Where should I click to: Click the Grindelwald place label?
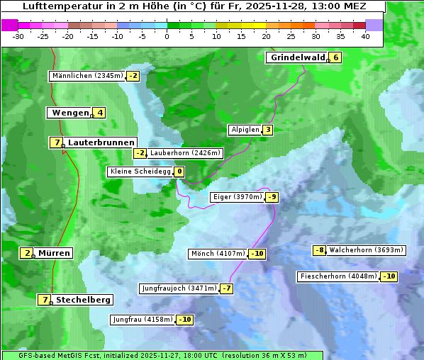297,57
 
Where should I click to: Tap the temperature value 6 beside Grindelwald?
336,57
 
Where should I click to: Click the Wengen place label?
70,113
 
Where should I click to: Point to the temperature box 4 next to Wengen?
100,113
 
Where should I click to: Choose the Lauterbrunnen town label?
101,142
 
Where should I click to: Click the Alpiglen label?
245,130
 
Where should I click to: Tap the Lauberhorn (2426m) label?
186,152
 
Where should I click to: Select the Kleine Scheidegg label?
140,171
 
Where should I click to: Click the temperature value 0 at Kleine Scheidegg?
179,171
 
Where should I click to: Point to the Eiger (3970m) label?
238,197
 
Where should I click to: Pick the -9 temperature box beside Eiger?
272,197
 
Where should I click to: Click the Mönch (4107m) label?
218,254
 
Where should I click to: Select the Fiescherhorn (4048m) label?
338,276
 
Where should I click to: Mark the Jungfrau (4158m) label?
143,320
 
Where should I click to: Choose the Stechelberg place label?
83,300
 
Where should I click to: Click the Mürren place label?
54,253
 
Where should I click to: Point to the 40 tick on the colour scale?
365,35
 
